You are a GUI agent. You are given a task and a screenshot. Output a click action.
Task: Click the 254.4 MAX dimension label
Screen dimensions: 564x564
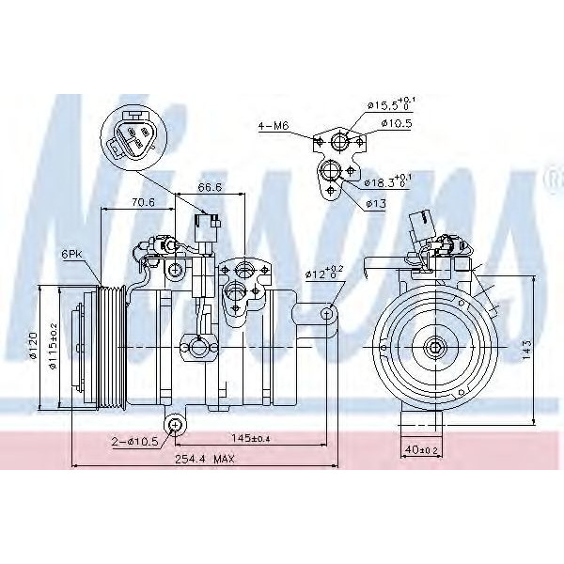click(196, 458)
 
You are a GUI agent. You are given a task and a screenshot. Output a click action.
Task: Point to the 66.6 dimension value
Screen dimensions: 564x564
click(210, 188)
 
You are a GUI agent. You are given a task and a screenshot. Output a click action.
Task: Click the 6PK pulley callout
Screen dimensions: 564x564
click(72, 255)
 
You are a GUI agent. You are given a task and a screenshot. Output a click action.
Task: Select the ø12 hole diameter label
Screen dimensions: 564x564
click(322, 274)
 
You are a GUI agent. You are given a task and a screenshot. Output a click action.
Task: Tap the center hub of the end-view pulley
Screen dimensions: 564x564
click(437, 348)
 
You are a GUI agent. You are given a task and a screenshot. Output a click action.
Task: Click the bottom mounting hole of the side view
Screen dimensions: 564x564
click(174, 427)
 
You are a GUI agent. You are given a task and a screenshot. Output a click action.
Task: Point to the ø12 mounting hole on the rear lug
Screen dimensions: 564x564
click(326, 313)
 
